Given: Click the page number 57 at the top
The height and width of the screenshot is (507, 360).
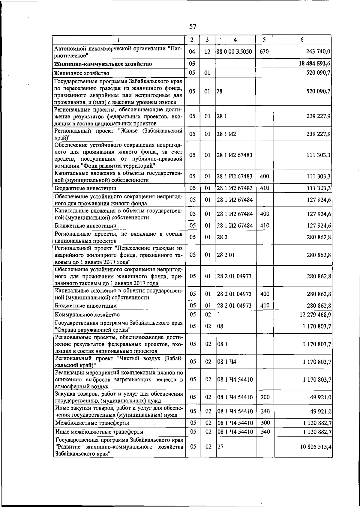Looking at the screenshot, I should coord(193,27).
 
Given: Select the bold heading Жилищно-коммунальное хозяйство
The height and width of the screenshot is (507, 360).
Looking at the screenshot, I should coord(103,64).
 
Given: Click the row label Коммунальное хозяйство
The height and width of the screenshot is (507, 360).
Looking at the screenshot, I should coord(87,315).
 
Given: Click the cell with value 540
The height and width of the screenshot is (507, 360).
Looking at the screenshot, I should coord(265,432).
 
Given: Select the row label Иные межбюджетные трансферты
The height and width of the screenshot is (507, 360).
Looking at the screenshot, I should coord(99,432).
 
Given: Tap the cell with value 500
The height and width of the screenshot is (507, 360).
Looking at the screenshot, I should coord(265,423).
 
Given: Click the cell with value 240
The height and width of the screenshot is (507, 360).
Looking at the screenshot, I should coord(265,411).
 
